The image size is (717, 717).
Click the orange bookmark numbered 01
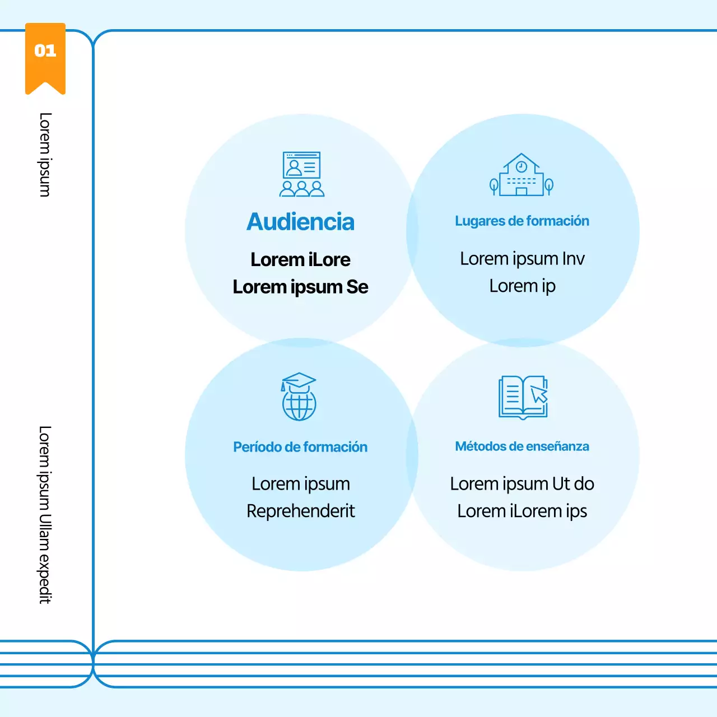click(45, 56)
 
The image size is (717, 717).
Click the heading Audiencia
click(301, 222)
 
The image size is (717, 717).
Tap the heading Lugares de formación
click(522, 221)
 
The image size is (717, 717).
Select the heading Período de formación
click(300, 447)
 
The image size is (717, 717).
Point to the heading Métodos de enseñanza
click(522, 446)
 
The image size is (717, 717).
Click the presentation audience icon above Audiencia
click(302, 174)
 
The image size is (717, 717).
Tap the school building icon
click(522, 175)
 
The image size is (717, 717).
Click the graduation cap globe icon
click(299, 397)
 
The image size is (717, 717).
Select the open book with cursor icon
click(523, 397)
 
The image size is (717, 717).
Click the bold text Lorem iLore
click(301, 260)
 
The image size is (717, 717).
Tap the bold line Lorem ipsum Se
click(301, 287)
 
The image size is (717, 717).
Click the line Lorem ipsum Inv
click(522, 259)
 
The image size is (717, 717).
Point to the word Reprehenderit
click(301, 511)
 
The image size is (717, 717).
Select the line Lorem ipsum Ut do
click(522, 483)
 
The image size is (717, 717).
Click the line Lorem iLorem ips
click(522, 511)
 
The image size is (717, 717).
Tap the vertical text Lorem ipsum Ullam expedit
click(45, 514)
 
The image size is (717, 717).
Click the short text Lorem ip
click(522, 286)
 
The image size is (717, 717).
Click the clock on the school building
click(522, 166)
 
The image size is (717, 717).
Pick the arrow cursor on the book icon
click(539, 394)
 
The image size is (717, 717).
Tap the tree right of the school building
click(550, 185)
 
